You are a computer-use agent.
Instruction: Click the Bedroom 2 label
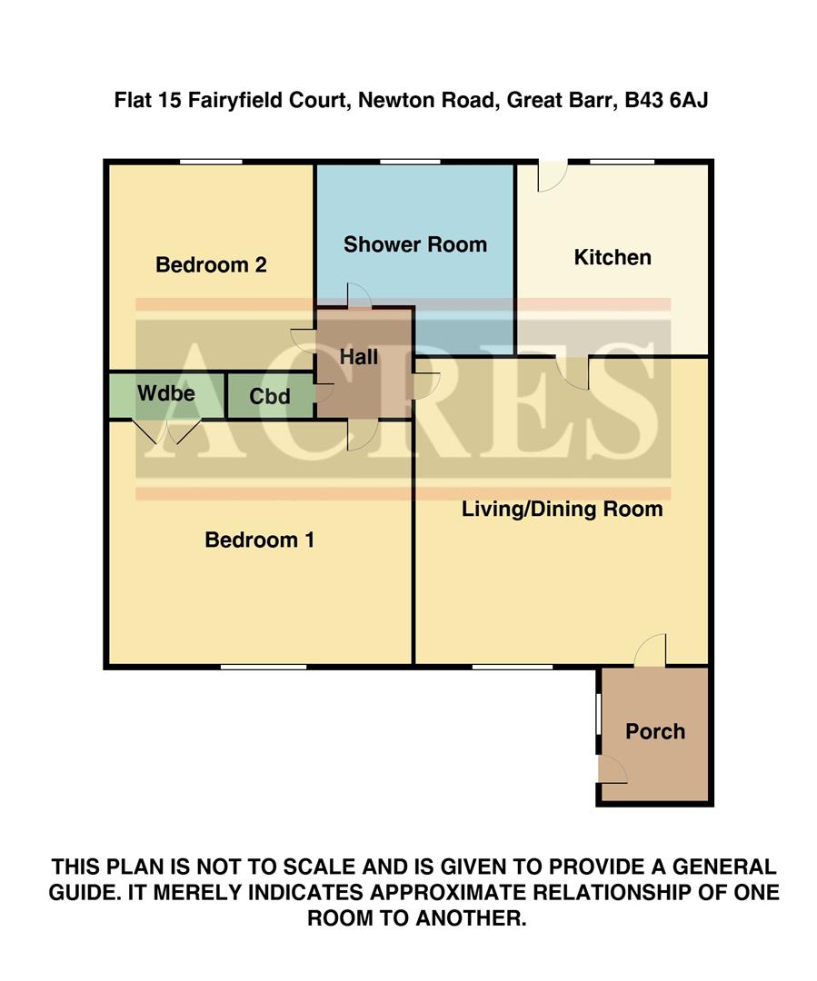click(211, 265)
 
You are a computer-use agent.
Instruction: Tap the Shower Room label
click(414, 244)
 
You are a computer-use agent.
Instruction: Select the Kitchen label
click(613, 257)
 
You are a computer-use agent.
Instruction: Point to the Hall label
click(359, 357)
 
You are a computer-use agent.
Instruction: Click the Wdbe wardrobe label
click(166, 393)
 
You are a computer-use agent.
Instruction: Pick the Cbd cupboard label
click(270, 397)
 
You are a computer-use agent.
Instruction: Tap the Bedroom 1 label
click(259, 540)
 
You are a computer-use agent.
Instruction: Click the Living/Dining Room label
click(562, 509)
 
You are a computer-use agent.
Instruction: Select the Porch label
click(654, 731)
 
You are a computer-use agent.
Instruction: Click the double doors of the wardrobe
click(167, 431)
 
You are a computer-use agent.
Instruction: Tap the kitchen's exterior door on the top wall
click(552, 174)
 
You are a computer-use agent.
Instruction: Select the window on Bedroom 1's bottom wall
click(263, 668)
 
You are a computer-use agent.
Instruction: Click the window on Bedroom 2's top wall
click(211, 163)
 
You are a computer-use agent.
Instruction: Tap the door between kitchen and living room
click(573, 371)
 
